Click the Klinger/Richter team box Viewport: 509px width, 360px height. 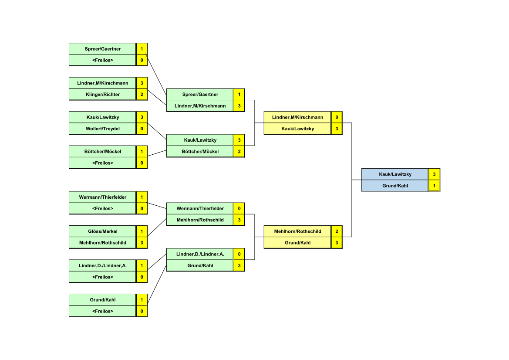click(x=103, y=95)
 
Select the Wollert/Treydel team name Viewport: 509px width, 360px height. click(x=103, y=129)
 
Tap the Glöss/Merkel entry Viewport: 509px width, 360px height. click(x=103, y=231)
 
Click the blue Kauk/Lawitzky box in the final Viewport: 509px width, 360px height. click(x=395, y=174)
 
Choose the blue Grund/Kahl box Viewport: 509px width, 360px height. click(x=395, y=186)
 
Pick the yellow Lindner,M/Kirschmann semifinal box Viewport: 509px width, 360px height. click(x=297, y=117)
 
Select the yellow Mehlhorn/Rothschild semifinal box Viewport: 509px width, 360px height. click(x=297, y=231)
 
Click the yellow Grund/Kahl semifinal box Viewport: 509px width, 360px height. click(x=297, y=243)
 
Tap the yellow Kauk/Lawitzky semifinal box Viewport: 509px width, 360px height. click(x=297, y=129)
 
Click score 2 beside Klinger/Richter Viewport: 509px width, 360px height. click(x=142, y=95)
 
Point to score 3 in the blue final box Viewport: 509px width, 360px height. click(x=434, y=174)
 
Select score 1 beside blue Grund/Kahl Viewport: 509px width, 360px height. click(x=434, y=186)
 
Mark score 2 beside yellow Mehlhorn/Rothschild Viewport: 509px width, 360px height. click(x=337, y=231)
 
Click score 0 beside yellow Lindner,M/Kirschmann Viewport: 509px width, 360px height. click(x=337, y=117)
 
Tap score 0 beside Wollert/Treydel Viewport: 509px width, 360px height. click(x=142, y=129)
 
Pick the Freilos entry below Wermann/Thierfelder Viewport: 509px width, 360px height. click(x=103, y=208)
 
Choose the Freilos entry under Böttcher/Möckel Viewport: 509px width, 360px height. click(x=103, y=163)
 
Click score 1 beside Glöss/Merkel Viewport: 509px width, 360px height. click(x=142, y=231)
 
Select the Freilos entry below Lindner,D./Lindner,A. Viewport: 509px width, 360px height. click(x=103, y=277)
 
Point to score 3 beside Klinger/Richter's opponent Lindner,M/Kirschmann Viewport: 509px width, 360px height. click(x=142, y=83)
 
